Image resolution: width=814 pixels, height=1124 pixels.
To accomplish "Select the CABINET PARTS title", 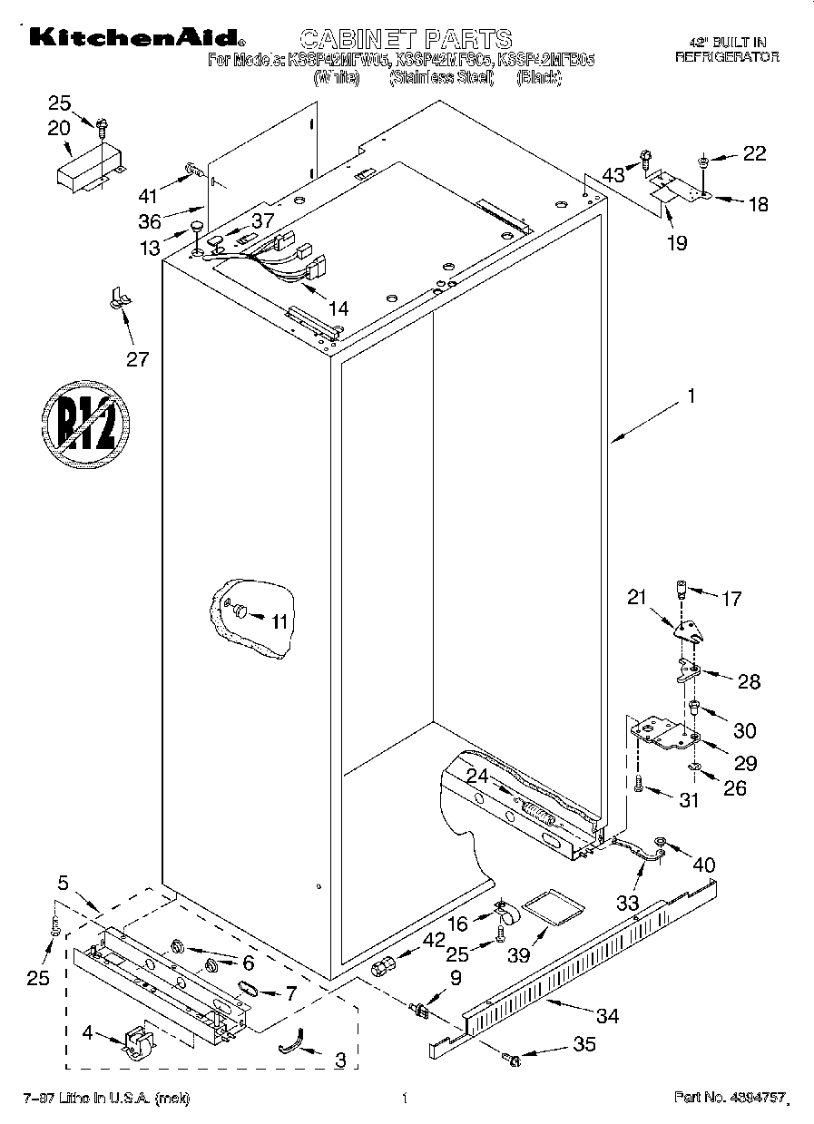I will (x=406, y=39).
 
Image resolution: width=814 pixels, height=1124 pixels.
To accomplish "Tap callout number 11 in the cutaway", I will (x=278, y=621).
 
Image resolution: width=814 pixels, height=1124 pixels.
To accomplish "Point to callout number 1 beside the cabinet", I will (x=691, y=396).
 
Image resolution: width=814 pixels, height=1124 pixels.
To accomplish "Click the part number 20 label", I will (x=58, y=129).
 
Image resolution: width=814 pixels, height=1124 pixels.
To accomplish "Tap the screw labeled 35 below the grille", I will (x=513, y=1060).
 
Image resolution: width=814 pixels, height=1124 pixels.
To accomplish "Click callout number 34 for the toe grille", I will (x=606, y=1016).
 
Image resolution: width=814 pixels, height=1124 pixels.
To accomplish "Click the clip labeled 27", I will (x=118, y=298).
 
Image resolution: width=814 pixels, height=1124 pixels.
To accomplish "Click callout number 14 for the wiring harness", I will (x=337, y=308).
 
